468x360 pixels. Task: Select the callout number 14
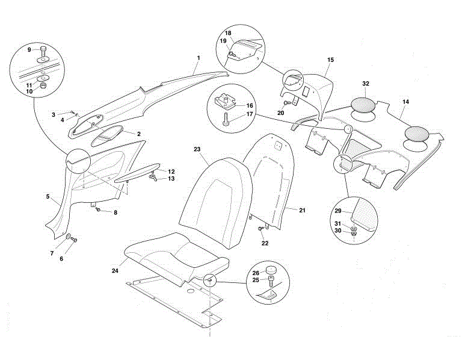tap(405, 102)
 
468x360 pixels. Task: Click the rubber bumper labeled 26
tap(272, 269)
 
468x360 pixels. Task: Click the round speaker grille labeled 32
tap(366, 104)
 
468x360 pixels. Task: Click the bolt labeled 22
tap(260, 229)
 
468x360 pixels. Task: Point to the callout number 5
tap(48, 196)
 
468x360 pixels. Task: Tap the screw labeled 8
tap(99, 211)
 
